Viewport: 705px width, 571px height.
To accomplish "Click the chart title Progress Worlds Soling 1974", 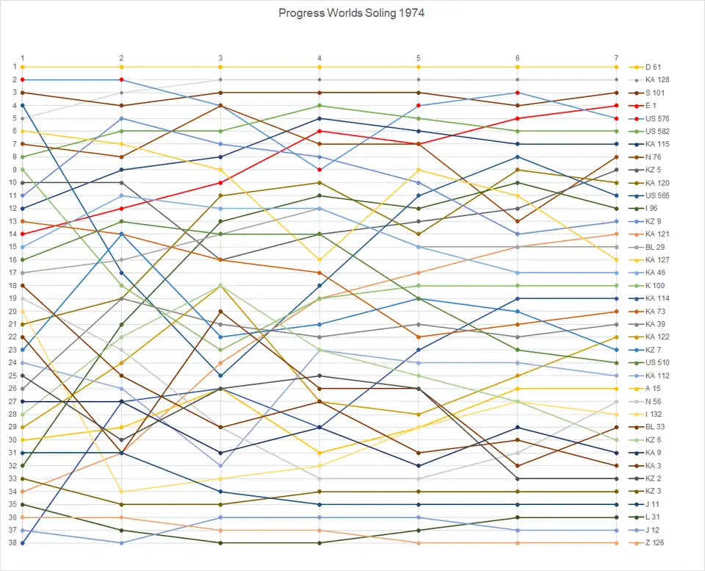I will pos(352,13).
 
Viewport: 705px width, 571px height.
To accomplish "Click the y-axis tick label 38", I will pos(12,543).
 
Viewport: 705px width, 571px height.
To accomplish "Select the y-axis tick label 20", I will pos(12,312).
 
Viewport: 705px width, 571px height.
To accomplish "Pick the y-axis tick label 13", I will pos(12,221).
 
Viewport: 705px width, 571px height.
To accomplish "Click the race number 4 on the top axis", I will pos(319,58).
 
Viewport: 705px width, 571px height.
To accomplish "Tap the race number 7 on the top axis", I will pos(616,58).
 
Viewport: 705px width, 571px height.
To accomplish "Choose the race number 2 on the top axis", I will pos(121,58).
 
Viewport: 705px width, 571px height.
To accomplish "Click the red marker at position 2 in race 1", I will pos(23,79).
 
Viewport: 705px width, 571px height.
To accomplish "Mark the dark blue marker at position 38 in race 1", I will pos(23,543).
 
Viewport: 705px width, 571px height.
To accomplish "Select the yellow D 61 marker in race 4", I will pos(319,67).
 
